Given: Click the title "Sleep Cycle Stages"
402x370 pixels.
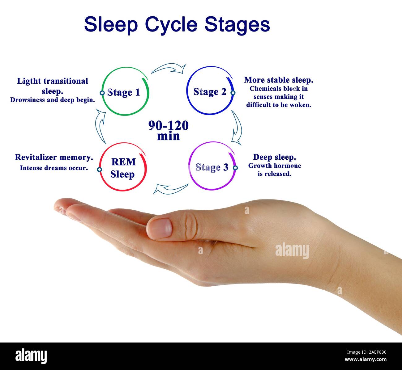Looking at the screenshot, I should (177, 24).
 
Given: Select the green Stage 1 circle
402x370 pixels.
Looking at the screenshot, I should (125, 91).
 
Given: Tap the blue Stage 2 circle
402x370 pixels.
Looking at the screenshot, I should (210, 91).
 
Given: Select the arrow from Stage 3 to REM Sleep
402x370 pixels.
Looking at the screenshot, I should (170, 188).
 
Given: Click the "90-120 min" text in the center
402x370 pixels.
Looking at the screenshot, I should (168, 130).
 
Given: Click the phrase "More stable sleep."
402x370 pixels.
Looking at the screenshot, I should (278, 80).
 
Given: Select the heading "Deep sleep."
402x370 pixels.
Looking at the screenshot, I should (274, 157).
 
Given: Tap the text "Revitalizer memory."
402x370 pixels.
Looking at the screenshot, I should (54, 157).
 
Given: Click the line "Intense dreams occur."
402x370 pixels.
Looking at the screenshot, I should (54, 168).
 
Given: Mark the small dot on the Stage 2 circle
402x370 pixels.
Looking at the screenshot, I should (233, 93).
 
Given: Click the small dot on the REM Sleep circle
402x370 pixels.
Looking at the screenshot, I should (99, 169).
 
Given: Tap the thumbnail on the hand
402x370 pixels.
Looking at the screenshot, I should (160, 228).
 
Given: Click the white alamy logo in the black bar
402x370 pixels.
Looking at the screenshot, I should (31, 356).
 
